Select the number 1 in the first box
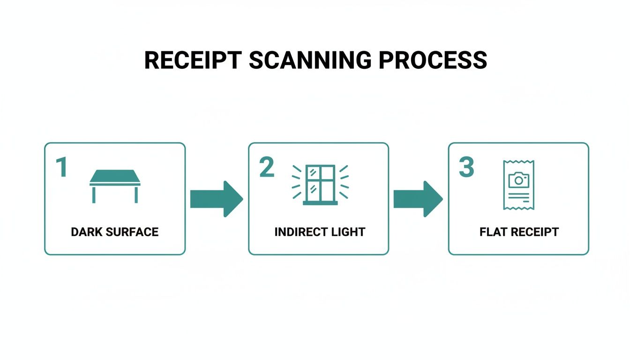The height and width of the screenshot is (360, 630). pyautogui.click(x=61, y=167)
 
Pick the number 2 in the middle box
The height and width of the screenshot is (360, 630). pyautogui.click(x=267, y=167)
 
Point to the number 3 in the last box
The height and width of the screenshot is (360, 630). pyautogui.click(x=466, y=167)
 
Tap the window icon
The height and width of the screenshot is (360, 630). pyautogui.click(x=320, y=185)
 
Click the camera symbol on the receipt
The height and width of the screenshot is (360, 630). pyautogui.click(x=518, y=180)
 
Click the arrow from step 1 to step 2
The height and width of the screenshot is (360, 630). pyautogui.click(x=217, y=199)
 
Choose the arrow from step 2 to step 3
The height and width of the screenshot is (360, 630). pyautogui.click(x=418, y=199)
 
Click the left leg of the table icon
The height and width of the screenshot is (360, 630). pyautogui.click(x=93, y=195)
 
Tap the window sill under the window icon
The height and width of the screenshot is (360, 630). pyautogui.click(x=320, y=203)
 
